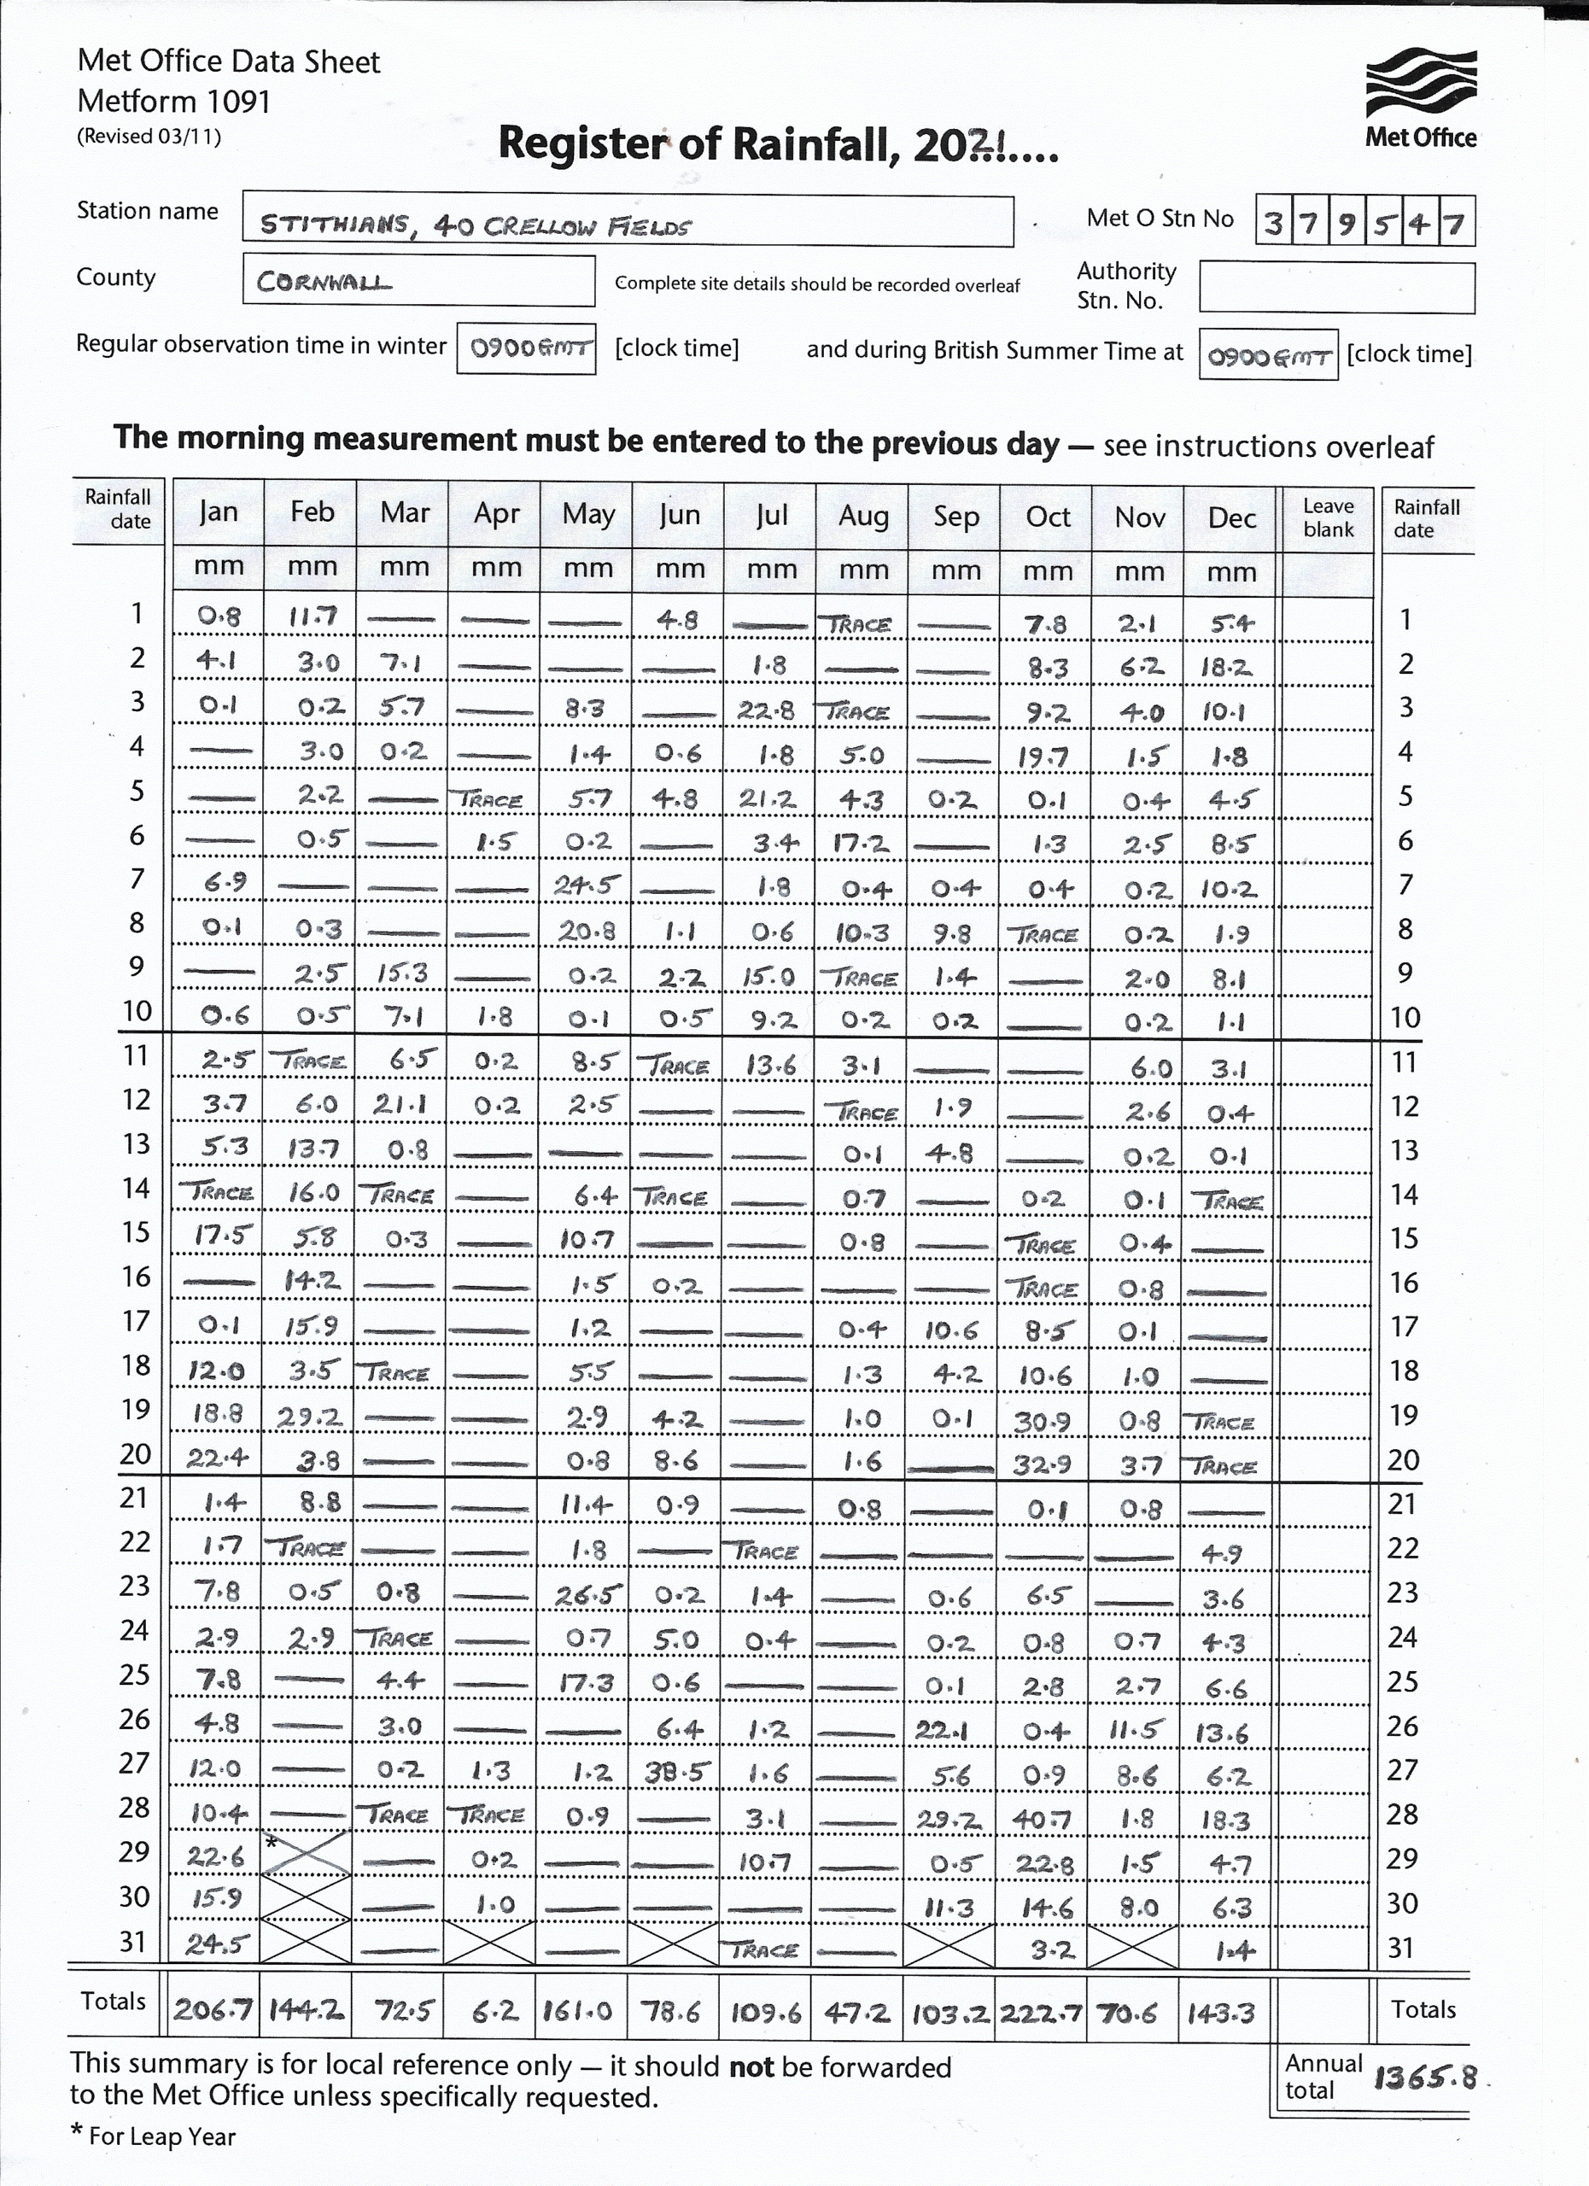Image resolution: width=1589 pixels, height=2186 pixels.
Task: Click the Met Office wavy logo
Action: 1421,82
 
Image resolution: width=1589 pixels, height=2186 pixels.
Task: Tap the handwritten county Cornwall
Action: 418,280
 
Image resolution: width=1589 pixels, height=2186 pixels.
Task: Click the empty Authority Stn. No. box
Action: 1335,288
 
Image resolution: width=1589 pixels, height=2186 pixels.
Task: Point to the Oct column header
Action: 1048,517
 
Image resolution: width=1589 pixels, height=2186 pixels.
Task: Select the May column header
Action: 587,515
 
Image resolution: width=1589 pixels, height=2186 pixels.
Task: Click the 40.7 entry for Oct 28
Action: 1042,1819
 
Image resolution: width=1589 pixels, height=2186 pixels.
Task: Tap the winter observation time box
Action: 526,348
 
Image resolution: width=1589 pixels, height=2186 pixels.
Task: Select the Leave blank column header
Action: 1328,518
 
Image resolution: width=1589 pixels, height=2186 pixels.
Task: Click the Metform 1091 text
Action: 173,102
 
